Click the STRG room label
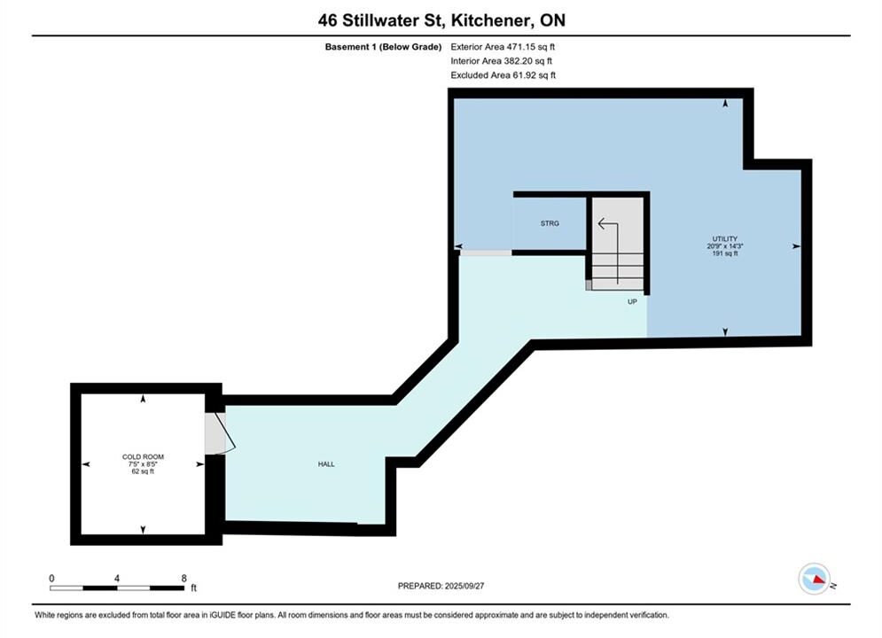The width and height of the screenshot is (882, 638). tap(550, 223)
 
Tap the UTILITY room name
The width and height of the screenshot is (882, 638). tap(724, 239)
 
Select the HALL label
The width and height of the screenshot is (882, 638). tap(326, 464)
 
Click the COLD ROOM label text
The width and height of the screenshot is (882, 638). tap(143, 457)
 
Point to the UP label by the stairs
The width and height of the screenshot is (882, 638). tap(632, 302)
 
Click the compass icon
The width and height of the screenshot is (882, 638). tap(815, 579)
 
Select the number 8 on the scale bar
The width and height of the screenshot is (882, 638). tap(184, 578)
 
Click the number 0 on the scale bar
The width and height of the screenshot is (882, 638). tap(51, 578)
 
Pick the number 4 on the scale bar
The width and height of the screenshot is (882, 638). tap(117, 578)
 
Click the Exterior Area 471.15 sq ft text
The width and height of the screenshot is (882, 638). tap(503, 47)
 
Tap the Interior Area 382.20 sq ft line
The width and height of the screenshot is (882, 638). tap(501, 61)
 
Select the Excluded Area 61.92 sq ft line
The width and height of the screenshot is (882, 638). tap(503, 75)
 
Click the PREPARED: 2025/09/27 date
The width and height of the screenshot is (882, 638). tap(441, 586)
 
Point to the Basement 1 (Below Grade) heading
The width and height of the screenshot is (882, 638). tap(383, 47)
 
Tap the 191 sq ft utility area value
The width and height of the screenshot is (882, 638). tap(724, 253)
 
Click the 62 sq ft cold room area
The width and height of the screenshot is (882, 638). tap(143, 471)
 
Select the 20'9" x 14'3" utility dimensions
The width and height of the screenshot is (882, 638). tap(724, 246)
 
